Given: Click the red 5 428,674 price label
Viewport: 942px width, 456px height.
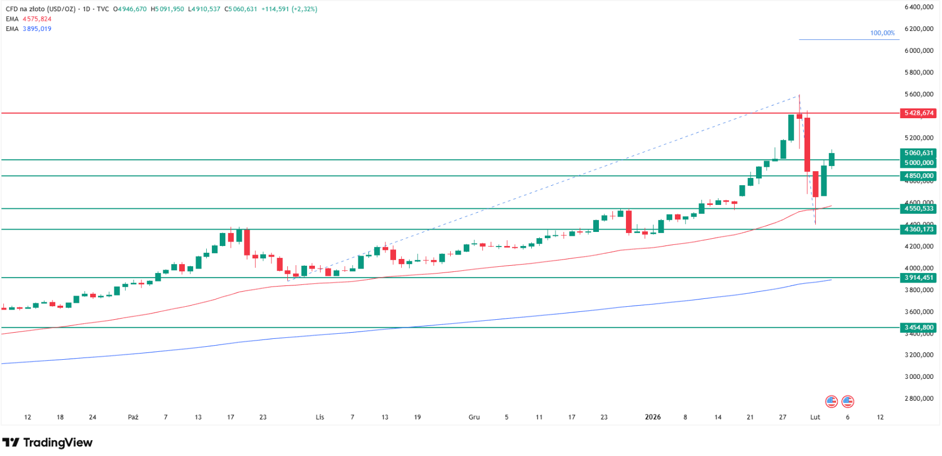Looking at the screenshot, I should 918,113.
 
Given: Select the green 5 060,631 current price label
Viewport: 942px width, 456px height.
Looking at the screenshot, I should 918,153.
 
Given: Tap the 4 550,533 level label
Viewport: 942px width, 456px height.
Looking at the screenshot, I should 918,209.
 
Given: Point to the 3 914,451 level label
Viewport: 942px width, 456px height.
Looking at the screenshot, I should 918,278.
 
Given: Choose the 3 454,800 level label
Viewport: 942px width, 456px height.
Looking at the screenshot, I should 918,328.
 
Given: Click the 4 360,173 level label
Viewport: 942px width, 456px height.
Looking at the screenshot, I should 918,230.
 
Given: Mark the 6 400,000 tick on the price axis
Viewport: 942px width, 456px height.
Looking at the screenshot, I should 919,7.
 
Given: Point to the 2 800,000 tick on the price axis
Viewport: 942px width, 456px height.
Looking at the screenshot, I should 919,399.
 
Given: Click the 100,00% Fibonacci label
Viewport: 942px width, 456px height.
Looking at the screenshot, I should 882,33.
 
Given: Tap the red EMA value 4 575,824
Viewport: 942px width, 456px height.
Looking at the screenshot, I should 37,19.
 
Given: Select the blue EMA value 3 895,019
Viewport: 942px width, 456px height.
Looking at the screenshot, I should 37,29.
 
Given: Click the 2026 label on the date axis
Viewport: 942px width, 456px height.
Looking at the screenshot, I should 652,417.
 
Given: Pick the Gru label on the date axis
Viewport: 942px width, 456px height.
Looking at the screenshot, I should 474,417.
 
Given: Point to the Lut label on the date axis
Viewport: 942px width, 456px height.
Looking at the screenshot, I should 815,417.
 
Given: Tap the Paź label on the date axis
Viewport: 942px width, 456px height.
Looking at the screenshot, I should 133,417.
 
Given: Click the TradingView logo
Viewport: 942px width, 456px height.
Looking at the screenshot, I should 47,442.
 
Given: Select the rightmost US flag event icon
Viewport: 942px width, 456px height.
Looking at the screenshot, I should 847,401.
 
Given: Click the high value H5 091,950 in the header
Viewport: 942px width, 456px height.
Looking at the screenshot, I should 167,9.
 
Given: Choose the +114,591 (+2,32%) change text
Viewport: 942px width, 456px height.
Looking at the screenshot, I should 289,9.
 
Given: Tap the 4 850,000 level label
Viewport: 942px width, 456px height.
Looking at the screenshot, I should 918,176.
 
